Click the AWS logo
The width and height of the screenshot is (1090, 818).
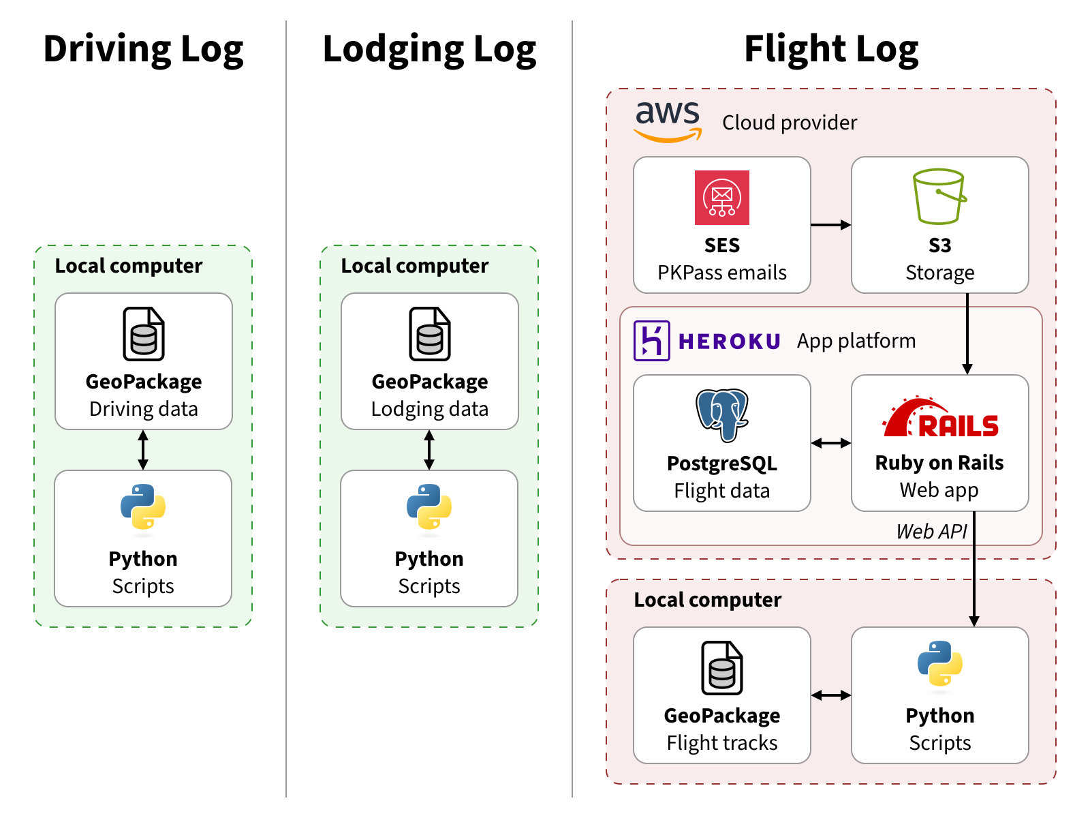pos(668,121)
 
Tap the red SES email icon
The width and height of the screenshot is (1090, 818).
pos(721,198)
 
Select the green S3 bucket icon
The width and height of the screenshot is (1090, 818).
pos(939,197)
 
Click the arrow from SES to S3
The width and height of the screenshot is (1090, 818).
pos(830,225)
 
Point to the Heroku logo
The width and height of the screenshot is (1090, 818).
pos(707,341)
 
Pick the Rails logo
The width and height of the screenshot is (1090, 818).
pos(940,418)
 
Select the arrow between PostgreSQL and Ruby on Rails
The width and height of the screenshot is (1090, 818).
pos(830,443)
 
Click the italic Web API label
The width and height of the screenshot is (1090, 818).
pos(931,532)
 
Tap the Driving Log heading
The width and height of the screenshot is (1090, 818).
pos(143,50)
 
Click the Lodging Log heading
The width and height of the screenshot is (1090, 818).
pos(429,50)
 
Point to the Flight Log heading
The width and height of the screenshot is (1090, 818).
pos(831,50)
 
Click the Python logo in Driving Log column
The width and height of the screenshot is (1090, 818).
pos(143,506)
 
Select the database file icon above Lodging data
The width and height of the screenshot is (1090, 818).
pos(429,334)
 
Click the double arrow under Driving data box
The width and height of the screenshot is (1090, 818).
pos(143,450)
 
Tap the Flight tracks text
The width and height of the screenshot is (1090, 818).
pos(721,743)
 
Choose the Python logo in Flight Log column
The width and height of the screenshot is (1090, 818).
pos(939,663)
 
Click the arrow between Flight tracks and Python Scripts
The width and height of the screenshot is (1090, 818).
pos(830,695)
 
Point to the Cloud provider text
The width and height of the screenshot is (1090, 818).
pos(789,123)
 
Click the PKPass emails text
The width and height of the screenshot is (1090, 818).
pos(721,273)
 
